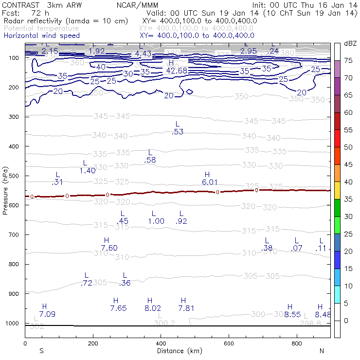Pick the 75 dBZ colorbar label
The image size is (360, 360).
[349, 61]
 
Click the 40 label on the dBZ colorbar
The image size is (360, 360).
[349, 182]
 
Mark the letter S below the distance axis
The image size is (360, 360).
[42, 351]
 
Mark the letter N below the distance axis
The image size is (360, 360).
[322, 351]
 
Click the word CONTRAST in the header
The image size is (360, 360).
[19, 5]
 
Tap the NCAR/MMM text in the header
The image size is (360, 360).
[138, 5]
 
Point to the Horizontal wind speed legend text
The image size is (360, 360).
[42, 36]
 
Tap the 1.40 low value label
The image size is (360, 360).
[87, 170]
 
